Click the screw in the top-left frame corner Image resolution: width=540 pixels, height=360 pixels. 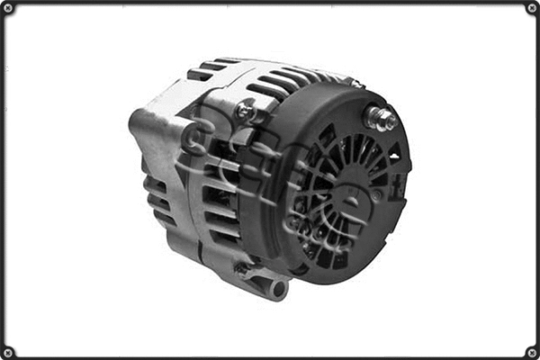point(7,7)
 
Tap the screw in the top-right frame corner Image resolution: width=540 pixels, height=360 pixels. point(532,7)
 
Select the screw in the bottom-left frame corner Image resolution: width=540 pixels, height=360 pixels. point(7,352)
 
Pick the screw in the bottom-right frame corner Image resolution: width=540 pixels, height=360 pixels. point(532,352)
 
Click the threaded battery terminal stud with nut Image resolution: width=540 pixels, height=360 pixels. point(380,118)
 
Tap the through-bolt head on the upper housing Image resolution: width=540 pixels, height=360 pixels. point(244,111)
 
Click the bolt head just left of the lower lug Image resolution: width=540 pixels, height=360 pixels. point(241,268)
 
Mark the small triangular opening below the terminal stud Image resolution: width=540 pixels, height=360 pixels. point(393,157)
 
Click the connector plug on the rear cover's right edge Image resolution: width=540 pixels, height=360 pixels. point(398,185)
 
